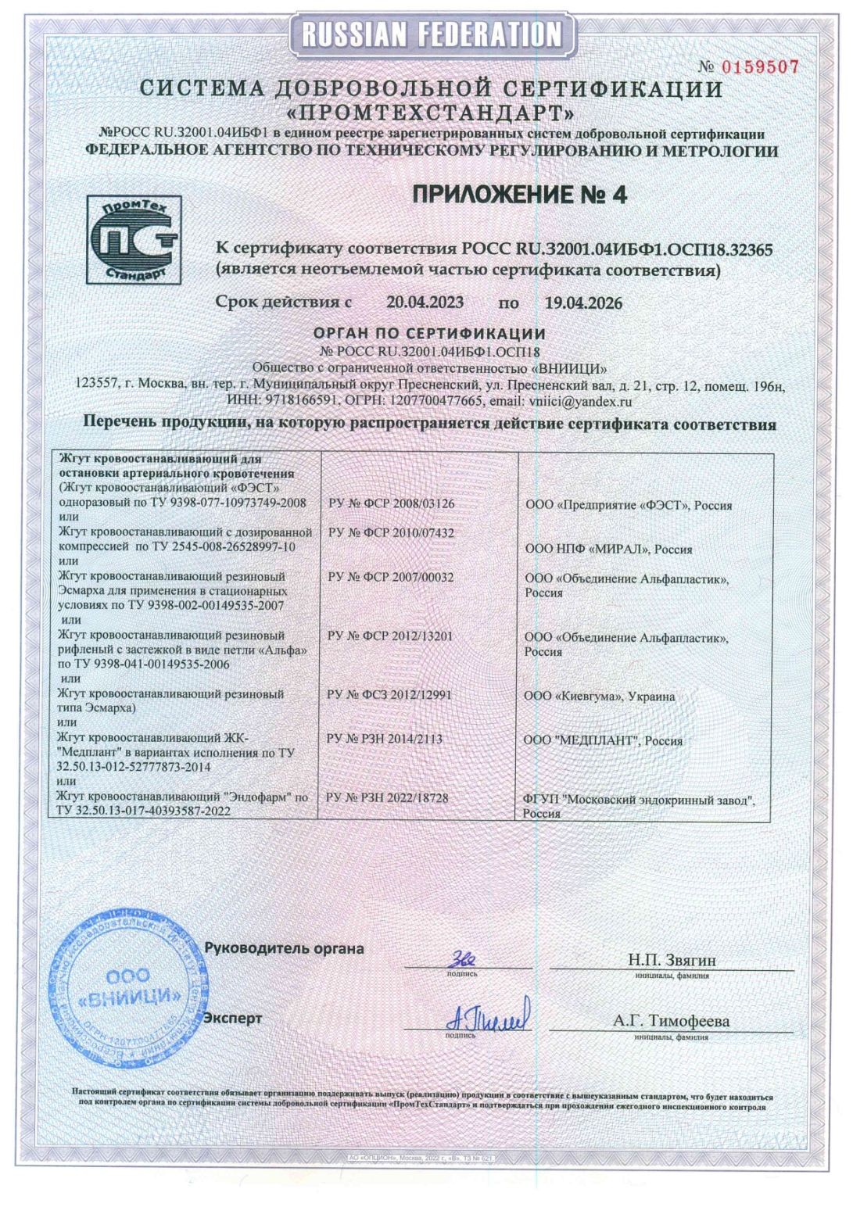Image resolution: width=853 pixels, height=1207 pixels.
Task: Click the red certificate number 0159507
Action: click(759, 67)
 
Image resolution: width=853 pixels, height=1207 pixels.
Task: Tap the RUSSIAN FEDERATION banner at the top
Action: click(432, 33)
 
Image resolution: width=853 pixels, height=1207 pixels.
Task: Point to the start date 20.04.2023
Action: click(425, 303)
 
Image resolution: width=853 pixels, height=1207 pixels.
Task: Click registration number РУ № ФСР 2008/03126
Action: click(391, 504)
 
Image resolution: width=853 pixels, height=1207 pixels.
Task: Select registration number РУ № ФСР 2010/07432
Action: click(391, 533)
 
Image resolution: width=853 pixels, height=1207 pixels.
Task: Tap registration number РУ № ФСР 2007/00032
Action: click(391, 577)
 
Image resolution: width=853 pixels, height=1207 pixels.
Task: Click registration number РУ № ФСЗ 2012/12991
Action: click(391, 694)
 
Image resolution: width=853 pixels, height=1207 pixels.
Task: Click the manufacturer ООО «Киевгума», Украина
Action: click(600, 696)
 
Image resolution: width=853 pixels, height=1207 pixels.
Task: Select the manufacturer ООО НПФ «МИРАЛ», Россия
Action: click(608, 549)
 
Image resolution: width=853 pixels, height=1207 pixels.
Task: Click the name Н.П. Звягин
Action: click(672, 959)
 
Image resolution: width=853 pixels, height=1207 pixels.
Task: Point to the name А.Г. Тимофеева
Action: click(671, 1021)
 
